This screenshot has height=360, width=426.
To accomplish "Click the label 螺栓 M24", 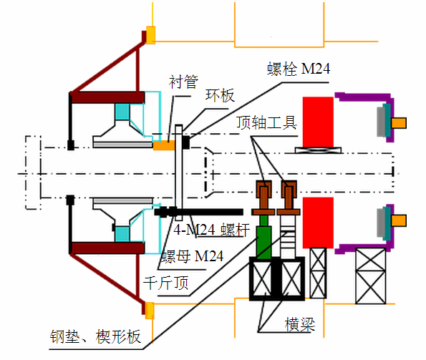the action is (x=299, y=69).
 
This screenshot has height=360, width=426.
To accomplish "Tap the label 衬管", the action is (x=183, y=82).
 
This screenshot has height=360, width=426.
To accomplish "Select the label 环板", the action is (x=220, y=95).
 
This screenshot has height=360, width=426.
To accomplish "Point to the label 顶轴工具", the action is (x=266, y=122).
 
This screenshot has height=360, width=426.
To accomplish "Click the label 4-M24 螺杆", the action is (x=211, y=230).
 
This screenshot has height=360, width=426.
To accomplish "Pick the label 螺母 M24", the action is (x=193, y=256).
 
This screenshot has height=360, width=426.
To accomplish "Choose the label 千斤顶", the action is (x=165, y=283).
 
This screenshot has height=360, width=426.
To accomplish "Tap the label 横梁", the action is (x=300, y=324).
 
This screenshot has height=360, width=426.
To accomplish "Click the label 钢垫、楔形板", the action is (x=95, y=336).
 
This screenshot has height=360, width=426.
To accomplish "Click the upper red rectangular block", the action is (x=318, y=122).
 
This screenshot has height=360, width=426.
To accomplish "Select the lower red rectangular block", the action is (x=318, y=223).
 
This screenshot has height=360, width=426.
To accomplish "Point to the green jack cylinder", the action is (x=263, y=237).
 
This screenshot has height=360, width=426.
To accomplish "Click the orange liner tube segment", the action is (x=164, y=145).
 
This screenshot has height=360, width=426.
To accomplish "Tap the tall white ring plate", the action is (x=178, y=172).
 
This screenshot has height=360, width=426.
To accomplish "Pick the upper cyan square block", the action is (x=122, y=112).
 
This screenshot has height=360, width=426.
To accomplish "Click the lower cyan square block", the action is (x=122, y=234).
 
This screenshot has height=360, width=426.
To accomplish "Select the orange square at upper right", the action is (x=399, y=123).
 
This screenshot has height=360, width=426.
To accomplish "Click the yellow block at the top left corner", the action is (x=151, y=35).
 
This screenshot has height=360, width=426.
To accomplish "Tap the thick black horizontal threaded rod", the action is (x=198, y=212).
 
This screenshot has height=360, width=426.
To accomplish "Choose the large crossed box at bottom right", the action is (x=371, y=276).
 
